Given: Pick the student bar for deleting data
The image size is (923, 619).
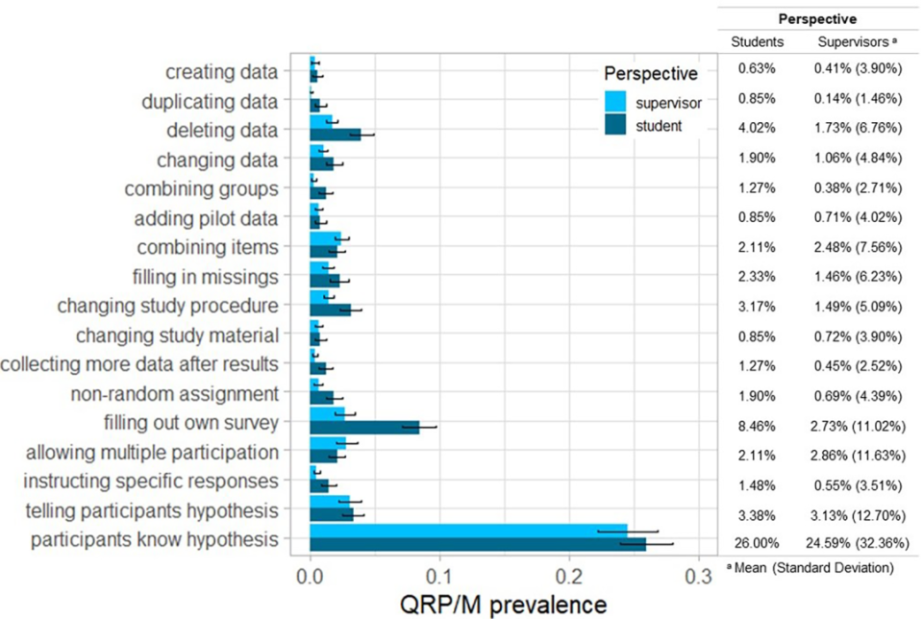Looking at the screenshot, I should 335,135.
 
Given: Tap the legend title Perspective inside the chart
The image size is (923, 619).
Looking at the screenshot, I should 651,74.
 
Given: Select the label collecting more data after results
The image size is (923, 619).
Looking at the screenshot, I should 140,364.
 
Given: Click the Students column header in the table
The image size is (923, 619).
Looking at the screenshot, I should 758,42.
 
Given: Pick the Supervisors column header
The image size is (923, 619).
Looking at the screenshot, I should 850,42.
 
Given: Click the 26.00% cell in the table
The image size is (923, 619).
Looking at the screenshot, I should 758,541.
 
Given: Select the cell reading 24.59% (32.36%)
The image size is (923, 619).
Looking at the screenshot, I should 850,541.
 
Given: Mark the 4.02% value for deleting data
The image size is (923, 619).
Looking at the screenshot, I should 758,129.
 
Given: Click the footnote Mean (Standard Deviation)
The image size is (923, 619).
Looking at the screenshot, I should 816,567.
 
